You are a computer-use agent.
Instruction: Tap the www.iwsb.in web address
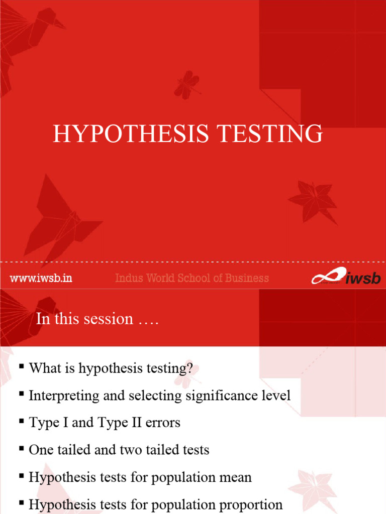coord(41,278)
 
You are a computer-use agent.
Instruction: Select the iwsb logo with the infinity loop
coord(345,277)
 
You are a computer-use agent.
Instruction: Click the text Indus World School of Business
coord(192,278)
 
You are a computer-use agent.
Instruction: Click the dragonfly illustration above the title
coord(187,84)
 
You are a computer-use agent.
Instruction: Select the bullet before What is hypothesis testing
coord(22,367)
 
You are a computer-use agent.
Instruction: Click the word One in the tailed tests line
coord(40,450)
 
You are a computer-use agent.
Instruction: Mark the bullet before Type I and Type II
coord(22,422)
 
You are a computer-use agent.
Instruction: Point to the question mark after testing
coord(189,368)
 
